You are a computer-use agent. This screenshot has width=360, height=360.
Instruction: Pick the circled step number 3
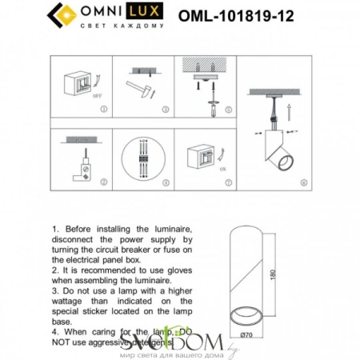165,109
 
